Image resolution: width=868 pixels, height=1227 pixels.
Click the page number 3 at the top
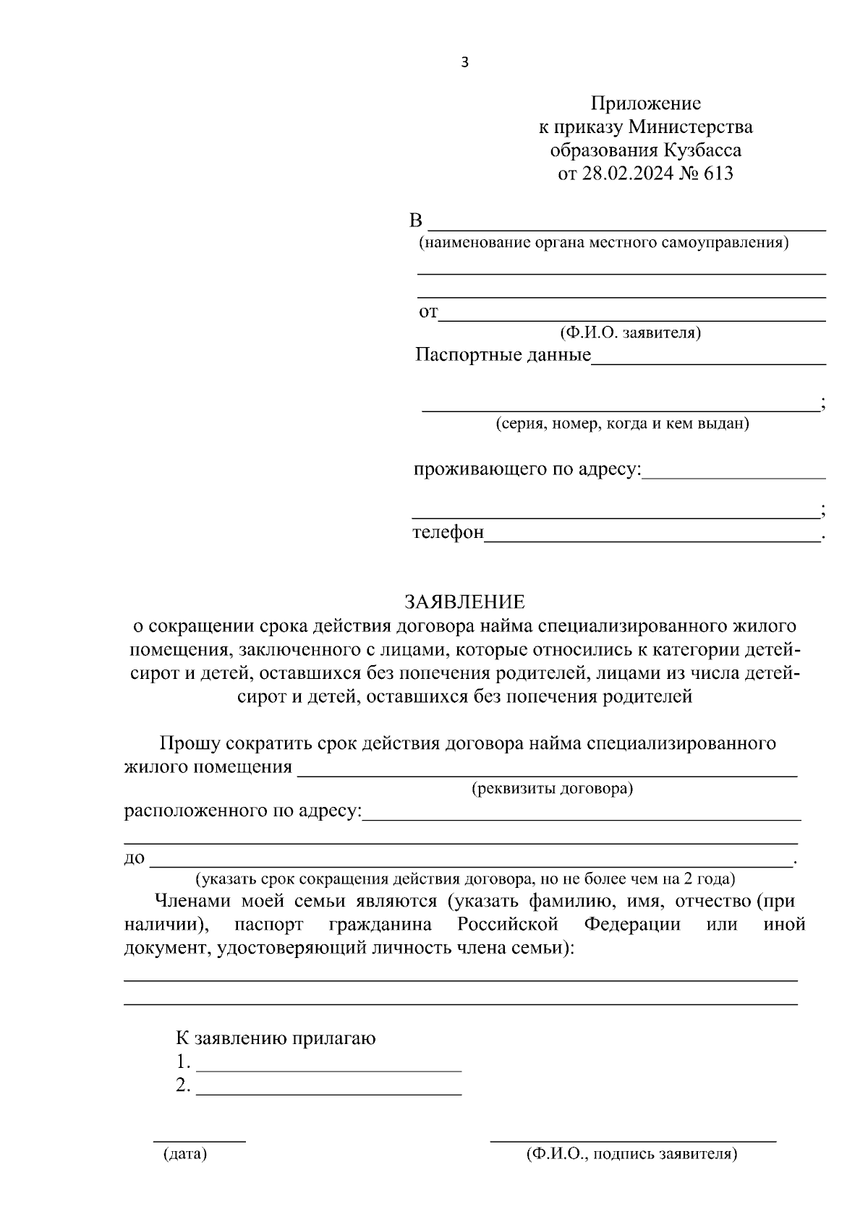[x=464, y=63]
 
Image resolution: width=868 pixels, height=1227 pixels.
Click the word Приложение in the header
[x=645, y=103]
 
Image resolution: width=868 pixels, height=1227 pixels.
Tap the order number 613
[x=718, y=174]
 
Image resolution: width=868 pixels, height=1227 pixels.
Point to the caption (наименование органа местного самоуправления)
[x=604, y=242]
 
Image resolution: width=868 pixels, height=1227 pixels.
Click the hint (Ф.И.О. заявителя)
[x=629, y=333]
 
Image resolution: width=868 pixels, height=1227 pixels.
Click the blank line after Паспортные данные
[x=709, y=362]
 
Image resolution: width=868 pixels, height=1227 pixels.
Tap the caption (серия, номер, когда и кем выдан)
[x=622, y=424]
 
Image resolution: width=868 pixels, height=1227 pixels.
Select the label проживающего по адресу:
[x=527, y=469]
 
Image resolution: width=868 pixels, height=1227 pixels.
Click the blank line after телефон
[x=651, y=539]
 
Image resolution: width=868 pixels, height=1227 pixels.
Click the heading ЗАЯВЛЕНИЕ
[x=464, y=602]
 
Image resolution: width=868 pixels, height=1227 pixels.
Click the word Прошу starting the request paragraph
[x=190, y=743]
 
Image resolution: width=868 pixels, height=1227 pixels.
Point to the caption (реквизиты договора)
[x=552, y=788]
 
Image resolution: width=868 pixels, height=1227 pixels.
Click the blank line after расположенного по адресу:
[x=581, y=818]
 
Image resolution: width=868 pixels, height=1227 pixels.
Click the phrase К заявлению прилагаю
[x=276, y=1039]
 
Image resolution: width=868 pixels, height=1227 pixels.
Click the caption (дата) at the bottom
[x=184, y=1154]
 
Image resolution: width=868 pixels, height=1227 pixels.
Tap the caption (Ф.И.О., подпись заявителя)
[x=631, y=1154]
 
